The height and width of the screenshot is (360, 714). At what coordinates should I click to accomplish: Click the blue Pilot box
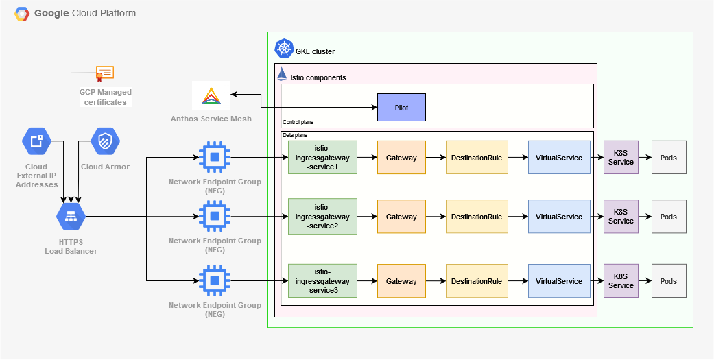click(401, 108)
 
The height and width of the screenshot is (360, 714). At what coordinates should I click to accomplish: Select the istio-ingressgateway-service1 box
click(322, 158)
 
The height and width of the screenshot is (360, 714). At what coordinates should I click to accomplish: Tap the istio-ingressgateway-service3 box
click(322, 281)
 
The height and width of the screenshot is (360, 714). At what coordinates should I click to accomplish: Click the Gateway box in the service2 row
click(401, 217)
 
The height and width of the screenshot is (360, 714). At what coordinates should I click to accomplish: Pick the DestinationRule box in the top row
click(476, 158)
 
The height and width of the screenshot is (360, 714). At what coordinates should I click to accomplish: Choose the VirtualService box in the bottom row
click(559, 281)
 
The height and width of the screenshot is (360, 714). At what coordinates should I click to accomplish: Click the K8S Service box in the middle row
click(621, 217)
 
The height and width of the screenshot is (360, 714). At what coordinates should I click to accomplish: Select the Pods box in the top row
click(668, 158)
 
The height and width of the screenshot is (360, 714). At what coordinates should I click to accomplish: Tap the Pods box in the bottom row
click(668, 281)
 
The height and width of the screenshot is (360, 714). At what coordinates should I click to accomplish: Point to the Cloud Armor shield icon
click(105, 142)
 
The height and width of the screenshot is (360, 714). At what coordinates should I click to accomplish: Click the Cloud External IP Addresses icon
click(36, 142)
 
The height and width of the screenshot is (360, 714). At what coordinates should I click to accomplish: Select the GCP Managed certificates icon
click(105, 73)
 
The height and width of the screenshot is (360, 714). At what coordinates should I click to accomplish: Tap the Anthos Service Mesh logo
click(211, 97)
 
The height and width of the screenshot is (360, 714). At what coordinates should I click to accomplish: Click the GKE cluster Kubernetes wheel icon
click(283, 49)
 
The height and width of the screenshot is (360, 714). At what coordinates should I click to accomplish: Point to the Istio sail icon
click(282, 75)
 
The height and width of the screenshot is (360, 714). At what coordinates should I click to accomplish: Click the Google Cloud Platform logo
click(22, 13)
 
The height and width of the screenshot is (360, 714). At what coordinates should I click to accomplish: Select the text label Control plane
click(297, 122)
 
